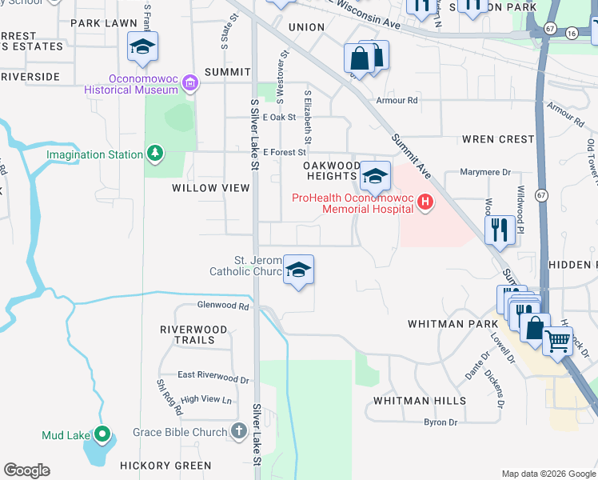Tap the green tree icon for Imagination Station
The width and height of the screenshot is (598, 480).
[154, 154]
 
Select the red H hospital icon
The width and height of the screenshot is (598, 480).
[425, 203]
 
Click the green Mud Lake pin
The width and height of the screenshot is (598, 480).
[102, 435]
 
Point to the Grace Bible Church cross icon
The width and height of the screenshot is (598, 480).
[238, 432]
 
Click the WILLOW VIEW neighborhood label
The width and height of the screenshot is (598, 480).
[211, 188]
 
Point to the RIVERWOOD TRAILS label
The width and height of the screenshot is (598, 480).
[193, 334]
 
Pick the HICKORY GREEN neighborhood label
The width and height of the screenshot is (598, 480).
[165, 465]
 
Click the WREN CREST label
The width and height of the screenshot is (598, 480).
[498, 139]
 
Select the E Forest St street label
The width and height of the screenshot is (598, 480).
[285, 152]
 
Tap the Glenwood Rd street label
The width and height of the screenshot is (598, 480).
[223, 306]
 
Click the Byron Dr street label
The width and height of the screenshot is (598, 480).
[441, 422]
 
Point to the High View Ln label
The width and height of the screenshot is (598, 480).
[205, 399]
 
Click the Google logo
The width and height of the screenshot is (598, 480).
[26, 470]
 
